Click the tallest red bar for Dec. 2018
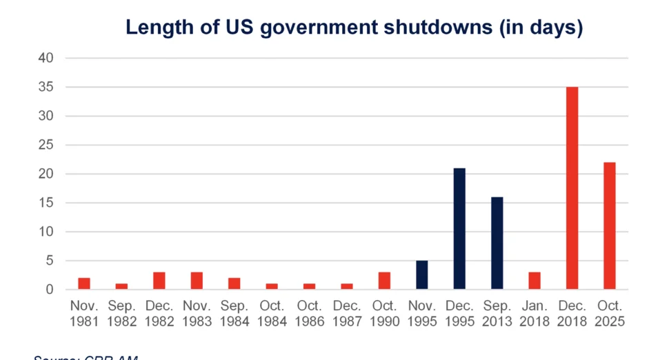[572, 188]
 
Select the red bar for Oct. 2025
[609, 226]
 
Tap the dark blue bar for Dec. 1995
[459, 228]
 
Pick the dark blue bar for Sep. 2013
[497, 243]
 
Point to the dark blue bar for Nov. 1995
[421, 274]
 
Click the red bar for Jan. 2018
[534, 281]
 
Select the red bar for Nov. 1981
[84, 283]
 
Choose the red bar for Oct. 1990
[384, 281]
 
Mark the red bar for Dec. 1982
[159, 281]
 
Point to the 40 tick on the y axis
[46, 58]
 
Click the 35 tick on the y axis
[46, 87]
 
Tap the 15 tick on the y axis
[46, 203]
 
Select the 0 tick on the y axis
[49, 290]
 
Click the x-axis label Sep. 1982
[121, 312]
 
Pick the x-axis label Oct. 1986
[309, 312]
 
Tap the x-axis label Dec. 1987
[347, 312]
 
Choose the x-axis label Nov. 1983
[197, 312]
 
